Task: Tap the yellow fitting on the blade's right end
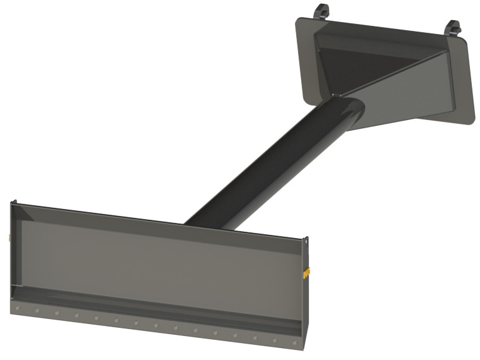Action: (308, 273)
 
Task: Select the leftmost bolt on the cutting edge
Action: (17, 308)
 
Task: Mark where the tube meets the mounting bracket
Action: (346, 105)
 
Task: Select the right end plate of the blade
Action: (306, 291)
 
